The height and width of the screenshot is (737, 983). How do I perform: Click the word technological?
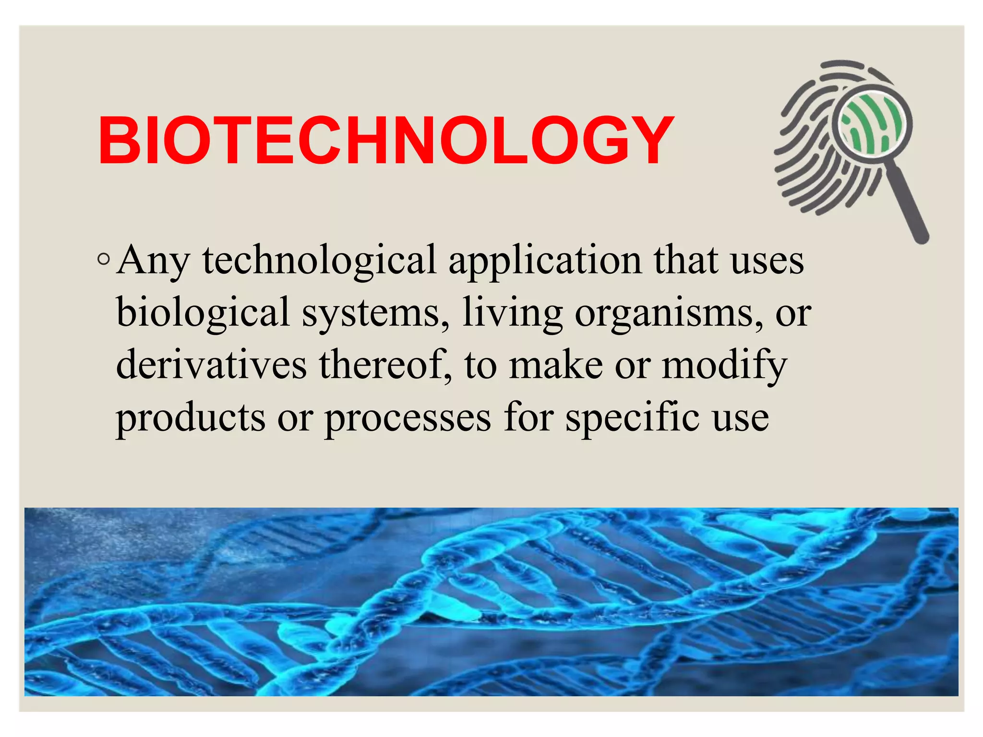(x=319, y=261)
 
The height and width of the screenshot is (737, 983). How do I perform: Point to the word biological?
(x=203, y=313)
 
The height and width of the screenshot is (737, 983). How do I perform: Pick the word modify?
(x=725, y=366)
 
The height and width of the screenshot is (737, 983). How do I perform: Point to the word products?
(x=191, y=417)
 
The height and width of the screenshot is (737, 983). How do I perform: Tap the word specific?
(x=633, y=417)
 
